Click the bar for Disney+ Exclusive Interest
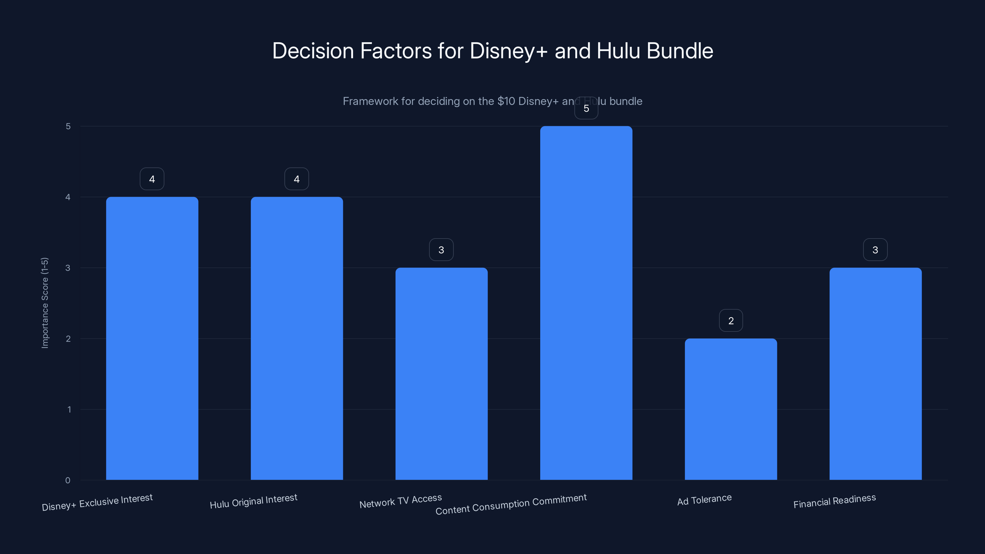(x=152, y=338)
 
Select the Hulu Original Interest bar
(x=297, y=338)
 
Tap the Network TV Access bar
(x=441, y=374)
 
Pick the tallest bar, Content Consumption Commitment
(x=586, y=303)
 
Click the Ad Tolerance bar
(x=731, y=409)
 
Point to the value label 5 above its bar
(x=586, y=108)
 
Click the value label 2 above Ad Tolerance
(x=731, y=320)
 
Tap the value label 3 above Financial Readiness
(x=875, y=250)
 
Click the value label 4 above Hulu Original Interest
(x=296, y=179)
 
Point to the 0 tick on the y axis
(x=68, y=480)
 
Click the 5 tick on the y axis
(x=68, y=126)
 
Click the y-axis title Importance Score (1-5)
(x=45, y=303)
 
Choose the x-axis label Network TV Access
(x=400, y=501)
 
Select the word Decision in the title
(x=313, y=51)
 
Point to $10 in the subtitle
(x=506, y=101)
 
